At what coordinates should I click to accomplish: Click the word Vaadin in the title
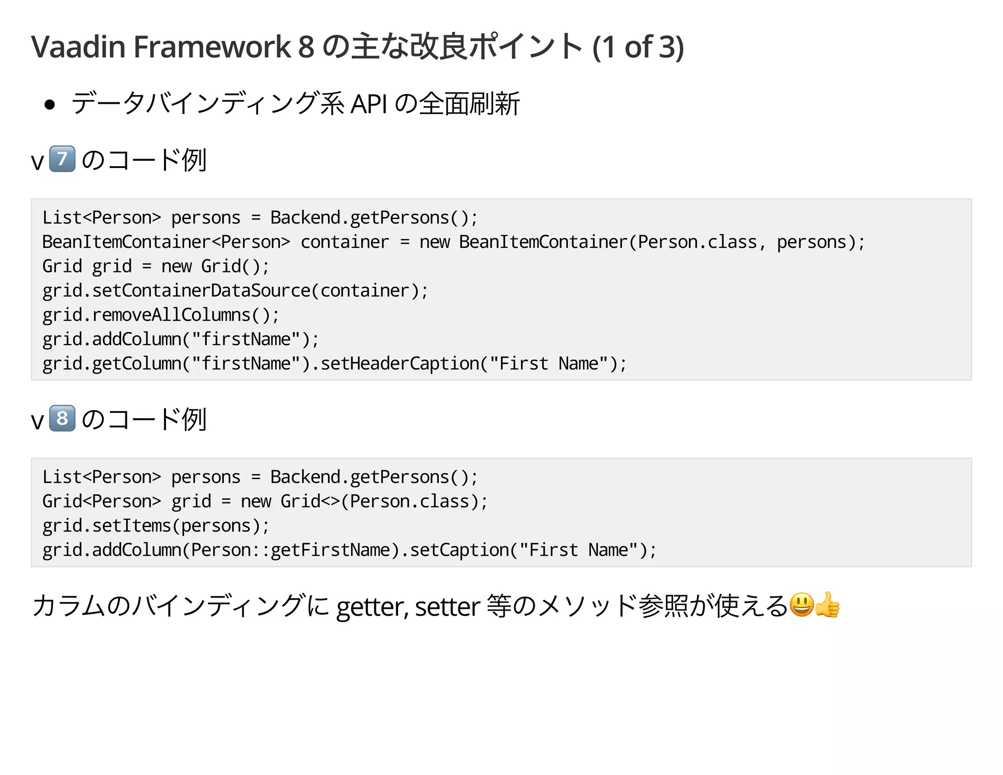[x=78, y=47]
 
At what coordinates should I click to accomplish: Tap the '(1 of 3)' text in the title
[x=638, y=47]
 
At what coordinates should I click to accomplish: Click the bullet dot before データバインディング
[x=49, y=104]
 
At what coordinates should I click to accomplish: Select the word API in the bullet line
[x=369, y=104]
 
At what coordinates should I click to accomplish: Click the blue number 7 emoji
[x=62, y=159]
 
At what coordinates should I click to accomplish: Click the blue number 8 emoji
[x=62, y=418]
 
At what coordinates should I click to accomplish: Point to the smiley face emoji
[x=802, y=605]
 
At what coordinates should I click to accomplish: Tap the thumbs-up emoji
[x=828, y=605]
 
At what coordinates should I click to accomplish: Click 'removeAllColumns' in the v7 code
[x=171, y=315]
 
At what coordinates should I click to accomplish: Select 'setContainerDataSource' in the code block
[x=201, y=291]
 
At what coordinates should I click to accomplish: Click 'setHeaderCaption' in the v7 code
[x=400, y=364]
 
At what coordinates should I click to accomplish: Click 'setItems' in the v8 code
[x=131, y=526]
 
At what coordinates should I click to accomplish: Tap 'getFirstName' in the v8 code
[x=330, y=550]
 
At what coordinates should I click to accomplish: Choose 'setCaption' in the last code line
[x=459, y=550]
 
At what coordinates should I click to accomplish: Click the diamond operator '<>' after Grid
[x=330, y=502]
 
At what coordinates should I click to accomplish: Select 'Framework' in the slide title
[x=212, y=47]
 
